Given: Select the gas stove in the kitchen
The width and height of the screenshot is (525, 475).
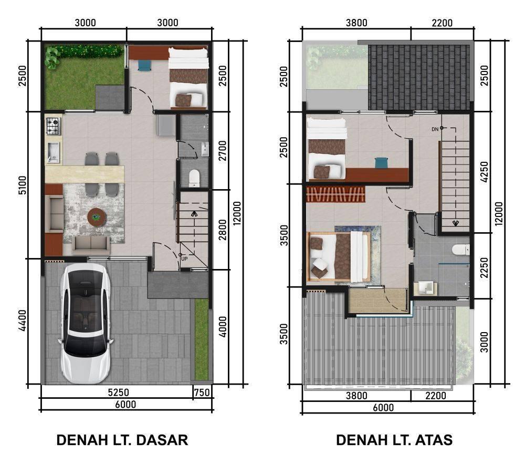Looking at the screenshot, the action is (54, 127).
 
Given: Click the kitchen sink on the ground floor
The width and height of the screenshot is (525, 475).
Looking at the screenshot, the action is (54, 152).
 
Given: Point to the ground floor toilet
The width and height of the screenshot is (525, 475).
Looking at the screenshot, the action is (194, 178).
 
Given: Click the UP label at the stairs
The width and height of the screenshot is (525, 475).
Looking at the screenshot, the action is (184, 259).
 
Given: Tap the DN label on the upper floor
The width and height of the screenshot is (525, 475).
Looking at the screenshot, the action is (435, 129).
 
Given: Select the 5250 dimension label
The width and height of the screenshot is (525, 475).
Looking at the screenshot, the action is (118, 392).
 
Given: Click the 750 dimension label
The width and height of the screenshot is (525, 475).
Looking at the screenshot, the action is (202, 393).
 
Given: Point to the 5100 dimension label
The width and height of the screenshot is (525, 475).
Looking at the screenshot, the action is (23, 185).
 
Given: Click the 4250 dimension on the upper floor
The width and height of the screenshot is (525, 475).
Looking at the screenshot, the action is (484, 172).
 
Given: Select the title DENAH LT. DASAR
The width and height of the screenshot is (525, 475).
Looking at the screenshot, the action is (122, 440).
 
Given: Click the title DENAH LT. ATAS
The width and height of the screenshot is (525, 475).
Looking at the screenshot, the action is (394, 440).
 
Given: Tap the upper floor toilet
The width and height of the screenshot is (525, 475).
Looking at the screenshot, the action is (461, 250).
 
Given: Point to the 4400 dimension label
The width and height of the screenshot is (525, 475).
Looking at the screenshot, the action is (23, 320).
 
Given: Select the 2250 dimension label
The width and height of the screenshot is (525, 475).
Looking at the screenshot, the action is (484, 267).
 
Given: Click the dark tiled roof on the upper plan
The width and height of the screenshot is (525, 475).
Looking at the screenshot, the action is (419, 77).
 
